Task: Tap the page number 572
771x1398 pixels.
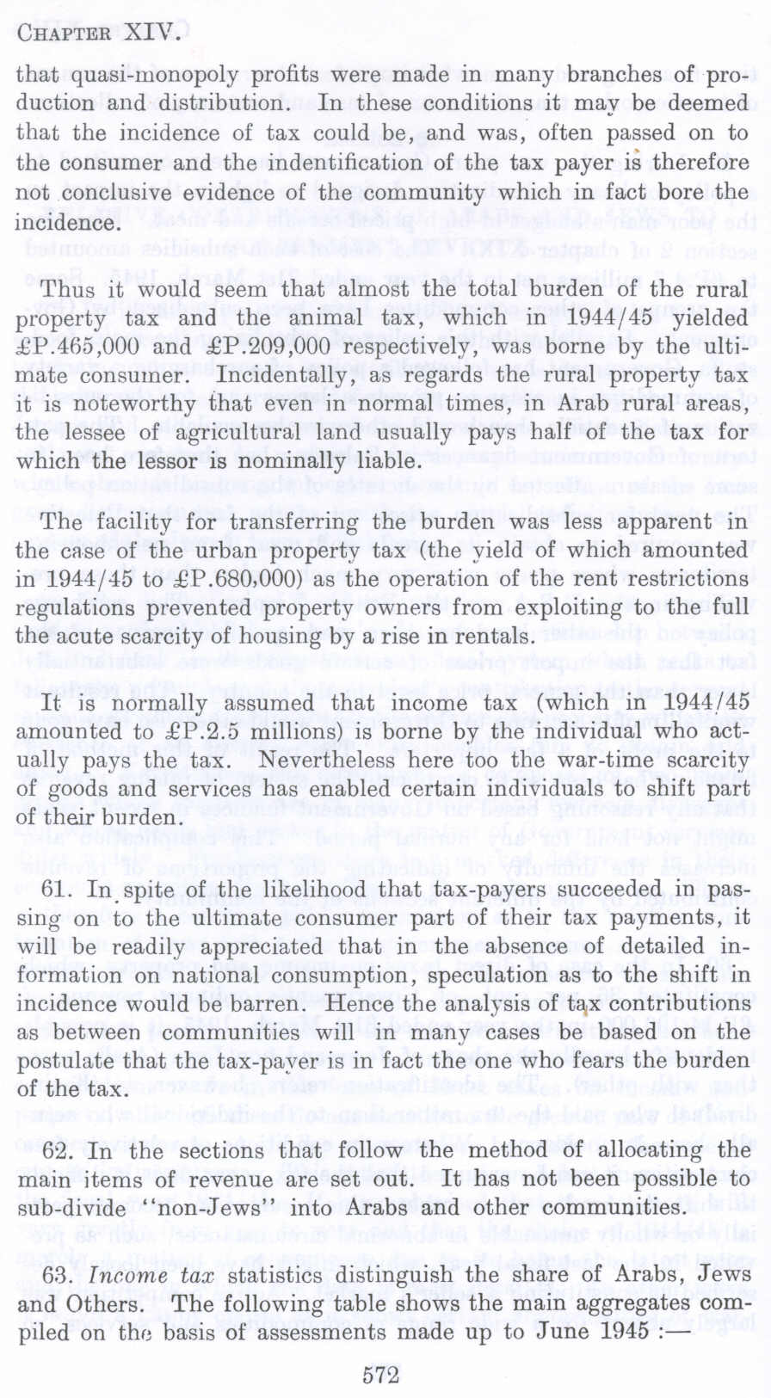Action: pos(381,1376)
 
